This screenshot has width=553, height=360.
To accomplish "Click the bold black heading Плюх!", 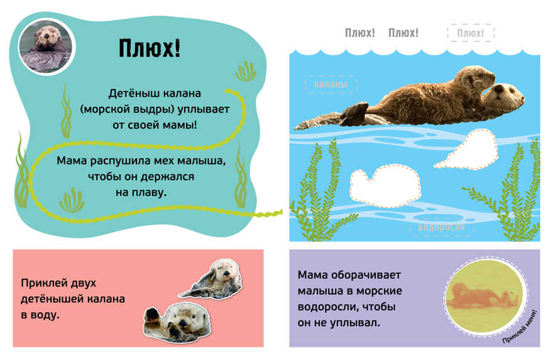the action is pos(150,48).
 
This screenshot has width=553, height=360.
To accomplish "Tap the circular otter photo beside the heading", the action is pos(47,47).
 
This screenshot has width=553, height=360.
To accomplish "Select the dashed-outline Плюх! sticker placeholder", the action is pos(471,33).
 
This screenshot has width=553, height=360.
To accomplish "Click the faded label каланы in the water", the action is pos(331,84).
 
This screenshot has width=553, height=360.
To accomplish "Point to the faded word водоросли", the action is pos(441,227).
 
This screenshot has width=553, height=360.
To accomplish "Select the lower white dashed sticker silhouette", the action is pos(385,186).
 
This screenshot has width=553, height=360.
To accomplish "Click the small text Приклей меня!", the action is pos(520,327).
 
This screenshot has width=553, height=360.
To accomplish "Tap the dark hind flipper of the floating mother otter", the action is pos(354,114).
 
